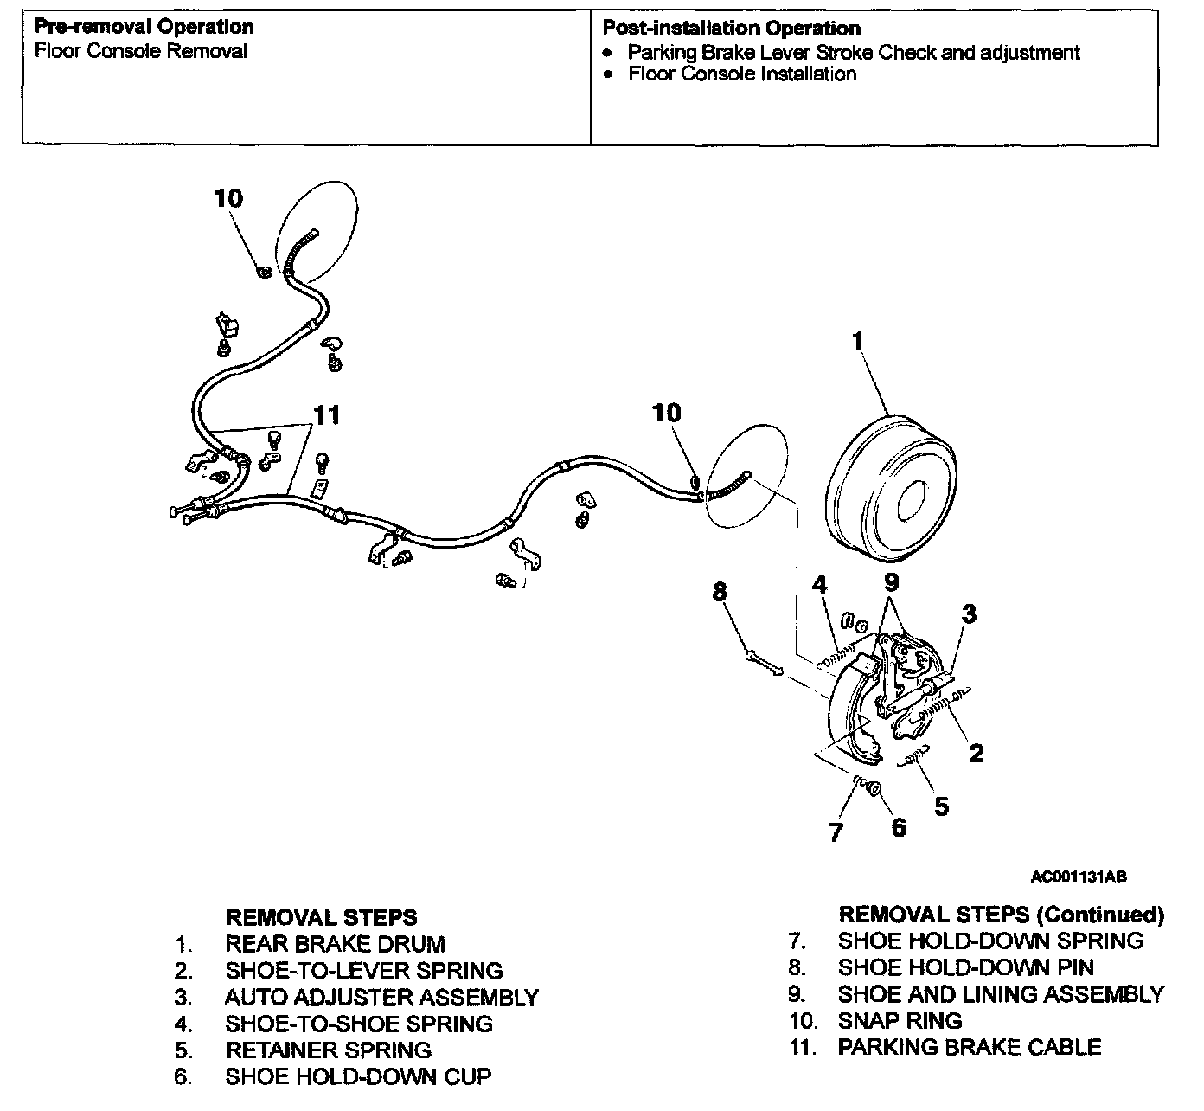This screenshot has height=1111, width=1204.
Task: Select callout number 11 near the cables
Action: point(326,415)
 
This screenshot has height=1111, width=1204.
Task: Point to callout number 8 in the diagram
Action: point(720,592)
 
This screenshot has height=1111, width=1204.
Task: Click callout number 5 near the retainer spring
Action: point(941,806)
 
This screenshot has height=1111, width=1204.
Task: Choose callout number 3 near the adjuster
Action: point(969,613)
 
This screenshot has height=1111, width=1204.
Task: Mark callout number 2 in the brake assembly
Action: point(976,753)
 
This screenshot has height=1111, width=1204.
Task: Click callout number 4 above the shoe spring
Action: point(820,585)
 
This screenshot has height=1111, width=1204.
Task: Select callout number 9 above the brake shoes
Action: point(891,582)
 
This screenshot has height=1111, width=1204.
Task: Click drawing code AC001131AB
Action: point(1078,877)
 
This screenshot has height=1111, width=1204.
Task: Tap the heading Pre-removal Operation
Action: point(144,28)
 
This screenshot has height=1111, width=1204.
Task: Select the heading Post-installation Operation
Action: point(731,29)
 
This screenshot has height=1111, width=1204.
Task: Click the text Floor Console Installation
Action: point(742,74)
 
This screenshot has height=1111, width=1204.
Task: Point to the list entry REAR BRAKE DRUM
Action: point(335,944)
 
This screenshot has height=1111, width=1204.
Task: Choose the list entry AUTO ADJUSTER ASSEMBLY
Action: point(381,998)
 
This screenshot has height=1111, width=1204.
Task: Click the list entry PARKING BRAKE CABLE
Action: point(969,1048)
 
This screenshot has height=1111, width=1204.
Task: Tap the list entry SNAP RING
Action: point(900,1021)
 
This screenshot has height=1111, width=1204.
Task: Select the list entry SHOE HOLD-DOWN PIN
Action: point(965,967)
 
